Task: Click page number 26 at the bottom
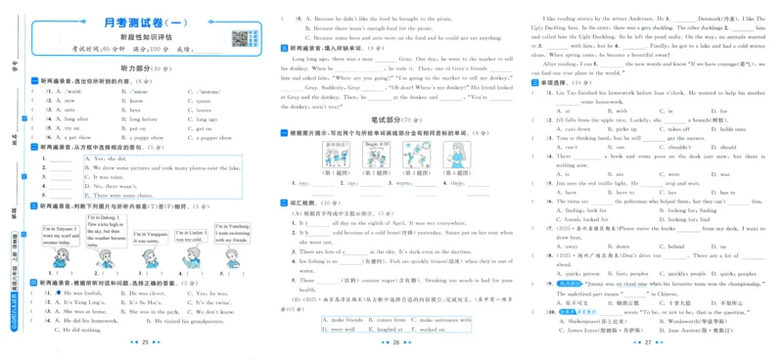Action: click(391, 343)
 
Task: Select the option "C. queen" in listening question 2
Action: click(205, 100)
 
